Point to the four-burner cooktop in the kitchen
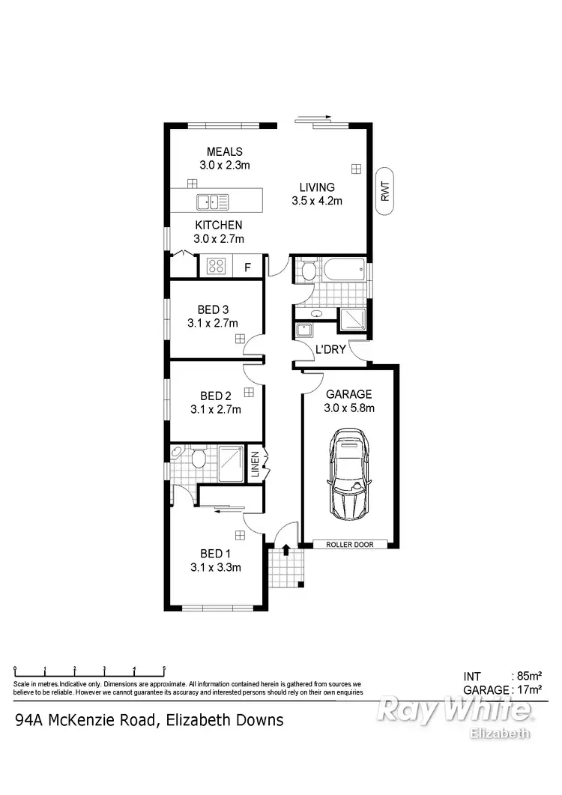[217, 266]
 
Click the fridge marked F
[247, 267]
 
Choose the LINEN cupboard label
[255, 465]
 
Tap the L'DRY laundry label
[330, 348]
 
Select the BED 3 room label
[213, 309]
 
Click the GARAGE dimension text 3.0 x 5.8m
[349, 408]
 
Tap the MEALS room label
[225, 152]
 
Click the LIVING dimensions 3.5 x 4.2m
[317, 200]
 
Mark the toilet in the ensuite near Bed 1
[199, 456]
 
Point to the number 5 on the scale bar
[163, 668]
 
